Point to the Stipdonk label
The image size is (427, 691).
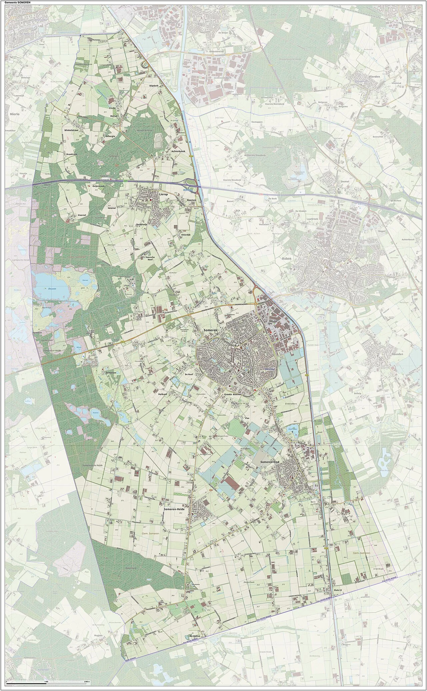pos(154,86)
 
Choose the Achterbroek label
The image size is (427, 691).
pos(178,151)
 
